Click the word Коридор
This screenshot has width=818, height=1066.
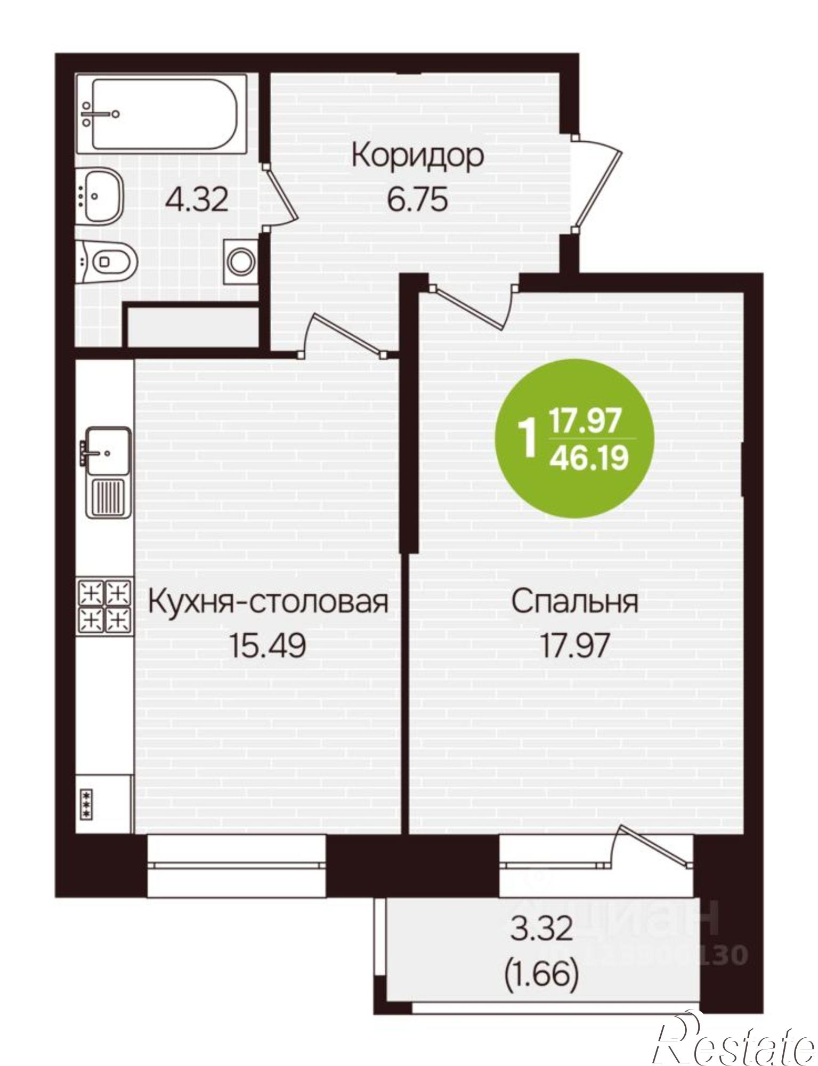418,157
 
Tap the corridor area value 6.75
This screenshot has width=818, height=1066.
417,201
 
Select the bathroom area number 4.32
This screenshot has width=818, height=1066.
197,200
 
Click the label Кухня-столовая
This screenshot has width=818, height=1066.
267,602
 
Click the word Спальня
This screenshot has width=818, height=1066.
574,602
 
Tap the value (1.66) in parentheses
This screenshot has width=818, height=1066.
541,976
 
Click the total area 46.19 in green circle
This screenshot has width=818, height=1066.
589,458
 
